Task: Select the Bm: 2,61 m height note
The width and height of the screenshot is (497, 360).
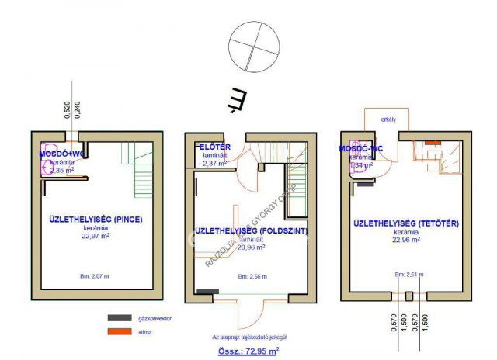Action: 408,275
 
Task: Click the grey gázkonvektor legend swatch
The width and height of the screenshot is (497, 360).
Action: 120,318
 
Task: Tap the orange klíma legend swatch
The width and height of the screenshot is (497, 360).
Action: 120,332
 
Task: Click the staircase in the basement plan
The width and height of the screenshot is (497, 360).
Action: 141,162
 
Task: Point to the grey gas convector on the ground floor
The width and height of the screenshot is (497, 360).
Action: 207,291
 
